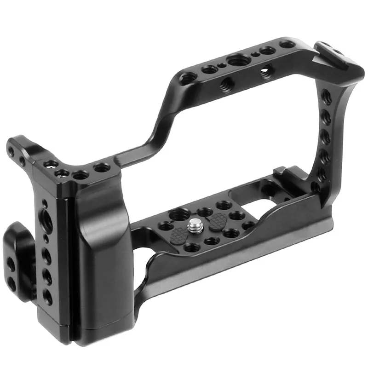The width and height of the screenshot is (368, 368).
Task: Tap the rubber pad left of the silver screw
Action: coord(177,237)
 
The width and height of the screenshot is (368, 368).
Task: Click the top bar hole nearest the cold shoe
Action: coord(288,44)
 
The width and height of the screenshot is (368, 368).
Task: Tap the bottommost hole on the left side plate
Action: coord(48,298)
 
